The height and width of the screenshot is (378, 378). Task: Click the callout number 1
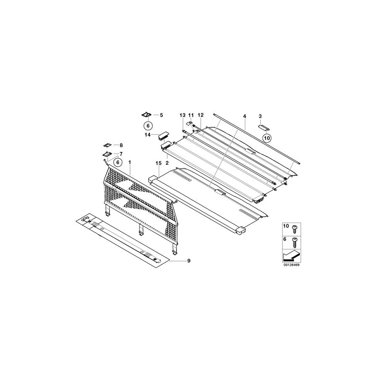(x=130, y=162)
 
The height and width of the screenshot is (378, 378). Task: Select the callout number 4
(x=244, y=115)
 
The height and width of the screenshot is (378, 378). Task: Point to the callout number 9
(x=189, y=261)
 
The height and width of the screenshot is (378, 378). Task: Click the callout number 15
(x=158, y=162)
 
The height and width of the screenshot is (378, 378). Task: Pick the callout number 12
(x=200, y=115)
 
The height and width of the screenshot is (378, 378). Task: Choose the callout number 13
(x=182, y=115)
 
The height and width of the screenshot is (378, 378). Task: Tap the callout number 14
(x=147, y=135)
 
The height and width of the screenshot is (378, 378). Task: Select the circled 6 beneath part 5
(x=147, y=125)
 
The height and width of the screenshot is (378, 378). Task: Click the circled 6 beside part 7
(x=118, y=162)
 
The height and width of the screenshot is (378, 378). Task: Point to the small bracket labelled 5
(x=147, y=115)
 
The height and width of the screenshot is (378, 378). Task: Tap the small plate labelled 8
(x=107, y=144)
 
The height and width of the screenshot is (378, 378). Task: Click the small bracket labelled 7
(x=107, y=154)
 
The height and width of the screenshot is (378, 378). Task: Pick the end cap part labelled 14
(x=163, y=135)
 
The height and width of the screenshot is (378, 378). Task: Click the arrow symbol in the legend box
(x=291, y=255)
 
